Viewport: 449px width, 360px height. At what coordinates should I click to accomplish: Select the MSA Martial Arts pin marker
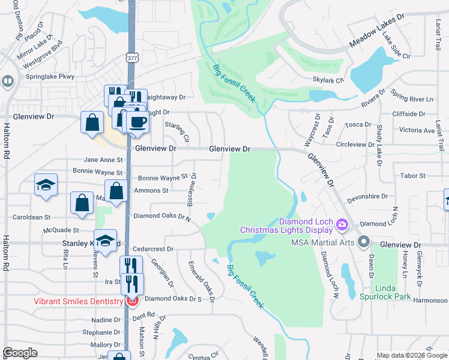363,242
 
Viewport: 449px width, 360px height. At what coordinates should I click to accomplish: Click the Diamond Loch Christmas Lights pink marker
342,225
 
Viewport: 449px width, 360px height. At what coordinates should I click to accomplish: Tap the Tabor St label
412,176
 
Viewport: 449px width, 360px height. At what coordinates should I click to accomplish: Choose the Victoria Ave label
416,130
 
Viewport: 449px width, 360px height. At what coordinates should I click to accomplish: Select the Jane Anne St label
103,160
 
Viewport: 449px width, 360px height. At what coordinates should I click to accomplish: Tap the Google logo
20,353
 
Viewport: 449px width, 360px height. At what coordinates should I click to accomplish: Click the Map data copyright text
411,356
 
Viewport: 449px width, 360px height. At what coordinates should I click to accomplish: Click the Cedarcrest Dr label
153,248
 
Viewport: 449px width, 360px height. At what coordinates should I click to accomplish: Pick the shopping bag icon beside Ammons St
116,191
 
